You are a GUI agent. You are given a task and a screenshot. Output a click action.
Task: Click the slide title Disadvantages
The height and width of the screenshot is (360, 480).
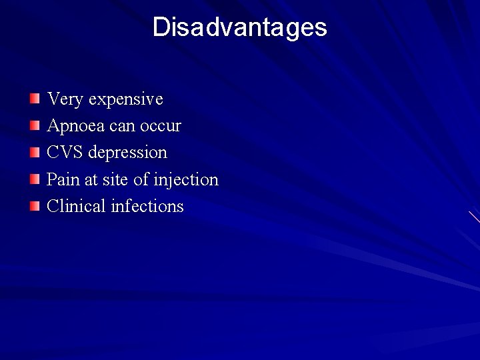(240, 27)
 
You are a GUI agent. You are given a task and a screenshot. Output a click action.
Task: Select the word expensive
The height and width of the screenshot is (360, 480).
(125, 100)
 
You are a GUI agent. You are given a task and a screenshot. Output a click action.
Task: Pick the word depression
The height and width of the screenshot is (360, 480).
(127, 153)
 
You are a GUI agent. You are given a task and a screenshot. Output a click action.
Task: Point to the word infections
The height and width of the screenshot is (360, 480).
(147, 206)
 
